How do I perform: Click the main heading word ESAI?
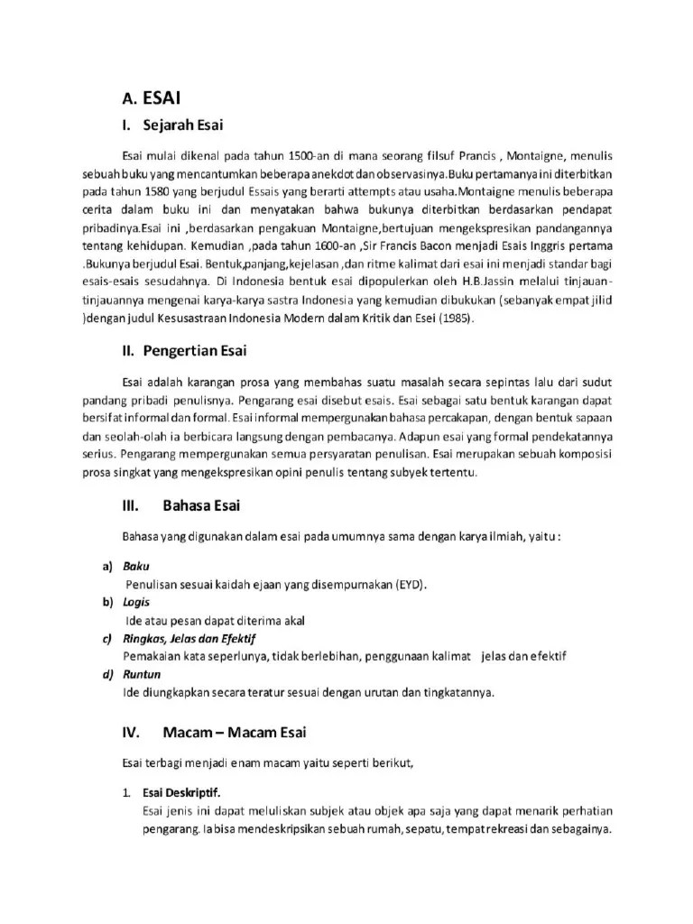pos(164,97)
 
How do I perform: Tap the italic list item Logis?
pos(138,602)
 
